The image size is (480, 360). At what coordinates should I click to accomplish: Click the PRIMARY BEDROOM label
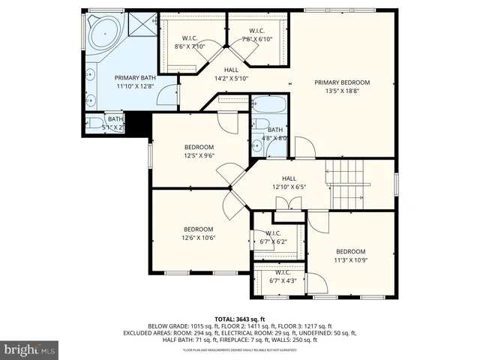(342, 82)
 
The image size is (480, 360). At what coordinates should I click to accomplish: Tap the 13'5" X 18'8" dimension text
(342, 92)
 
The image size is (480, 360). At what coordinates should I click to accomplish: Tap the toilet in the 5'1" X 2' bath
(97, 123)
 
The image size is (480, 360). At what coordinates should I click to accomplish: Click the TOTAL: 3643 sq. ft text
(239, 319)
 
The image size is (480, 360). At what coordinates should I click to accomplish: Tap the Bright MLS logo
(29, 349)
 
